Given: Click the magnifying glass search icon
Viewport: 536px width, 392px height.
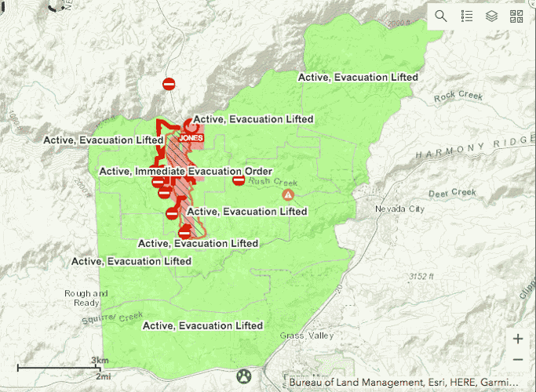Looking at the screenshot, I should (x=441, y=16).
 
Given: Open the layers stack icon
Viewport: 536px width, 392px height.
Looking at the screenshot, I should (x=491, y=16).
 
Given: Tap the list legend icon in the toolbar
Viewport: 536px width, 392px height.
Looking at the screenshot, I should (x=466, y=16).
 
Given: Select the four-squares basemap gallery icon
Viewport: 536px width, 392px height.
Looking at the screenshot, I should (x=516, y=16).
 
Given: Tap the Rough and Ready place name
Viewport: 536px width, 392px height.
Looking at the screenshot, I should (x=82, y=298).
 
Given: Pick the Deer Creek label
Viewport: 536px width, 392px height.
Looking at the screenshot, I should (x=452, y=193).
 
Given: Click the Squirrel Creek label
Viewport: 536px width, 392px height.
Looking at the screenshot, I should (x=110, y=317).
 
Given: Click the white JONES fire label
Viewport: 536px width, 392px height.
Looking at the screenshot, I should (x=191, y=138).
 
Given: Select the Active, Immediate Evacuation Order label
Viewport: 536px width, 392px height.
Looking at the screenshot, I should (x=185, y=172).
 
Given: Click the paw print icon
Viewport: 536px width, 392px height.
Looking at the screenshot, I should (x=244, y=376).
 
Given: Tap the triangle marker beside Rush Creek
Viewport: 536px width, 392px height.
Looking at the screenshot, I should (x=289, y=194).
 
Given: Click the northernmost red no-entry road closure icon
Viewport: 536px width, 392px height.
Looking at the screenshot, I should (x=169, y=84).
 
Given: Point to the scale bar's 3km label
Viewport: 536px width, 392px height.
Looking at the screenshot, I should (x=98, y=360).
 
